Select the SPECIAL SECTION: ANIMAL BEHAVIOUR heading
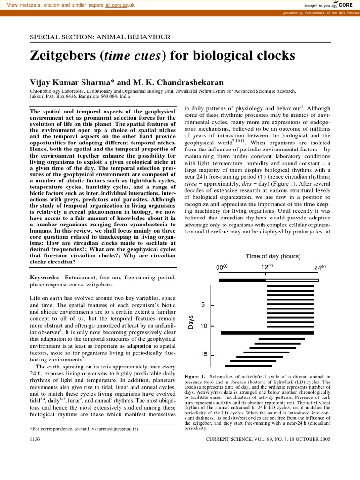tap(100, 37)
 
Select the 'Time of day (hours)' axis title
tap(273, 256)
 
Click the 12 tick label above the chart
tap(267, 267)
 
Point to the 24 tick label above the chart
tap(319, 267)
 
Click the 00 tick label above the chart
tap(221, 267)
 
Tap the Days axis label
tap(191, 322)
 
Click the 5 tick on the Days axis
tap(203, 305)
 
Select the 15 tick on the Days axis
tap(203, 354)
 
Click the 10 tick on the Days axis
tap(203, 326)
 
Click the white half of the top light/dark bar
tap(292, 280)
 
